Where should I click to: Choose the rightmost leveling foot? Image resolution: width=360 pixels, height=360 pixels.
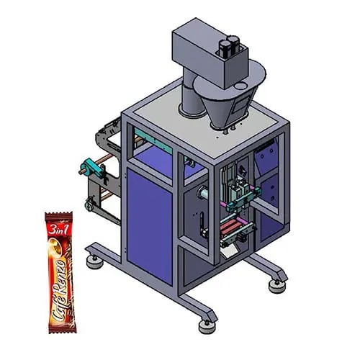point(276,286)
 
